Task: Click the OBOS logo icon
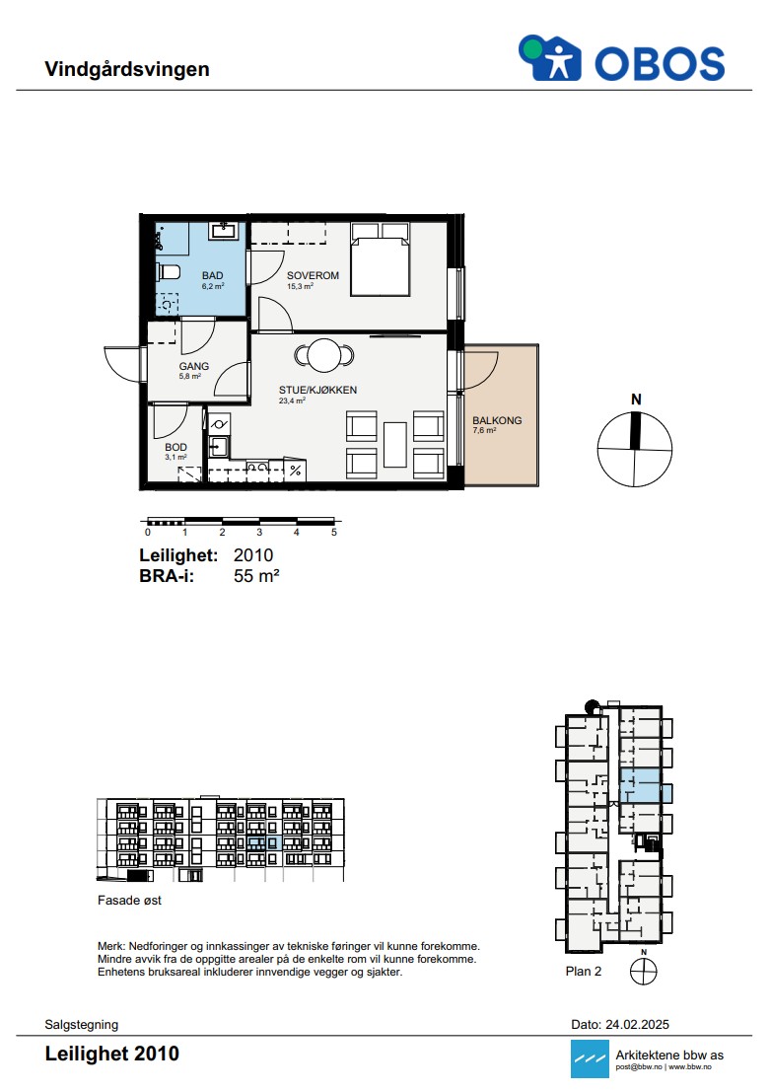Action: pyautogui.click(x=550, y=58)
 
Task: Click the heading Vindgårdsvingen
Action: pyautogui.click(x=127, y=69)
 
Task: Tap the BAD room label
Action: pyautogui.click(x=212, y=276)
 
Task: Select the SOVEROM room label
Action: pyautogui.click(x=313, y=275)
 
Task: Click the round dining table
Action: pyautogui.click(x=323, y=355)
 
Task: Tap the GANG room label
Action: pyautogui.click(x=193, y=366)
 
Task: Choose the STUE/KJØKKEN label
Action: pyautogui.click(x=317, y=390)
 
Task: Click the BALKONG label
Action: pyautogui.click(x=496, y=420)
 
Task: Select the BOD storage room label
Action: pyautogui.click(x=175, y=447)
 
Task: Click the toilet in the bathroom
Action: pyautogui.click(x=168, y=271)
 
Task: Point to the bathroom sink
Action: pyautogui.click(x=224, y=230)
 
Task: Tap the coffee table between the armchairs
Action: pyautogui.click(x=394, y=444)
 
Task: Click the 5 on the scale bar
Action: pyautogui.click(x=333, y=532)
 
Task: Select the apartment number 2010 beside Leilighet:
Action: pyautogui.click(x=253, y=555)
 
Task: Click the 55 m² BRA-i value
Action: pyautogui.click(x=256, y=575)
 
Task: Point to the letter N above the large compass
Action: pyautogui.click(x=636, y=400)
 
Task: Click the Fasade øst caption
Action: pyautogui.click(x=129, y=901)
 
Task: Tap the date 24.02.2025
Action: pyautogui.click(x=637, y=1025)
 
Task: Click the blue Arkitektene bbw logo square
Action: pyautogui.click(x=589, y=1058)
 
